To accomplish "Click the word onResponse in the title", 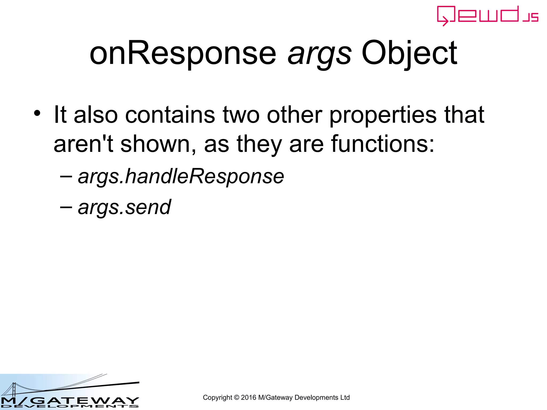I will (183, 53).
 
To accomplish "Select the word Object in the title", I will (409, 53).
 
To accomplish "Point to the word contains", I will (170, 115).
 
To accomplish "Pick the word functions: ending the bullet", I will (383, 144).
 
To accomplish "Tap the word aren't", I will (84, 144).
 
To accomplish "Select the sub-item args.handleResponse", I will (181, 177).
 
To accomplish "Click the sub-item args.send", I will (124, 207).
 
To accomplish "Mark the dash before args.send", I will (66, 207).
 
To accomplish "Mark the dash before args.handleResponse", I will (66, 176).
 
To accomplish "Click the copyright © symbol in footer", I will (236, 398).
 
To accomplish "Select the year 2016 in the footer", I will (248, 398).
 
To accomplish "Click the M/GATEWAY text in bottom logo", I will (69, 400).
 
